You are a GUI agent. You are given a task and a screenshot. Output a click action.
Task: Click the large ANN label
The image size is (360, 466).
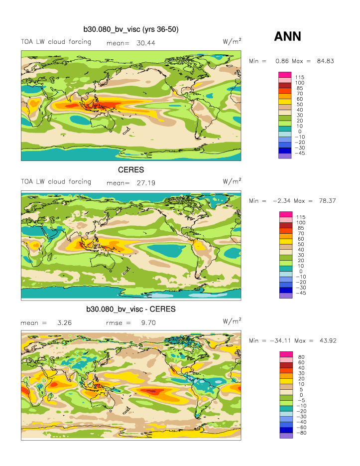click(288, 36)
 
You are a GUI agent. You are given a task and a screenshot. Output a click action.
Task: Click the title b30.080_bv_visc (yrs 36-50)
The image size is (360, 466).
click(131, 30)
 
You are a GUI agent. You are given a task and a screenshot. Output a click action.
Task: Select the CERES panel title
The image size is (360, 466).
click(131, 170)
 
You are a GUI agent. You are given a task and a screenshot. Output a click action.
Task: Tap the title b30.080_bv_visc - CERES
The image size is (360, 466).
click(131, 310)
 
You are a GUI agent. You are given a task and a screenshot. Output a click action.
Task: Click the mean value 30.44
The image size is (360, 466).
click(145, 43)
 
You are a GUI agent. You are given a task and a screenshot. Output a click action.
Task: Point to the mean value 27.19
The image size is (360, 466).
click(145, 183)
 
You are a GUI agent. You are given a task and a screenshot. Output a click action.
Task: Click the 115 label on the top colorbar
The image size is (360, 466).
click(300, 77)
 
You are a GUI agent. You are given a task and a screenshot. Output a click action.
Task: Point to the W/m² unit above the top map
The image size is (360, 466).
click(233, 42)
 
